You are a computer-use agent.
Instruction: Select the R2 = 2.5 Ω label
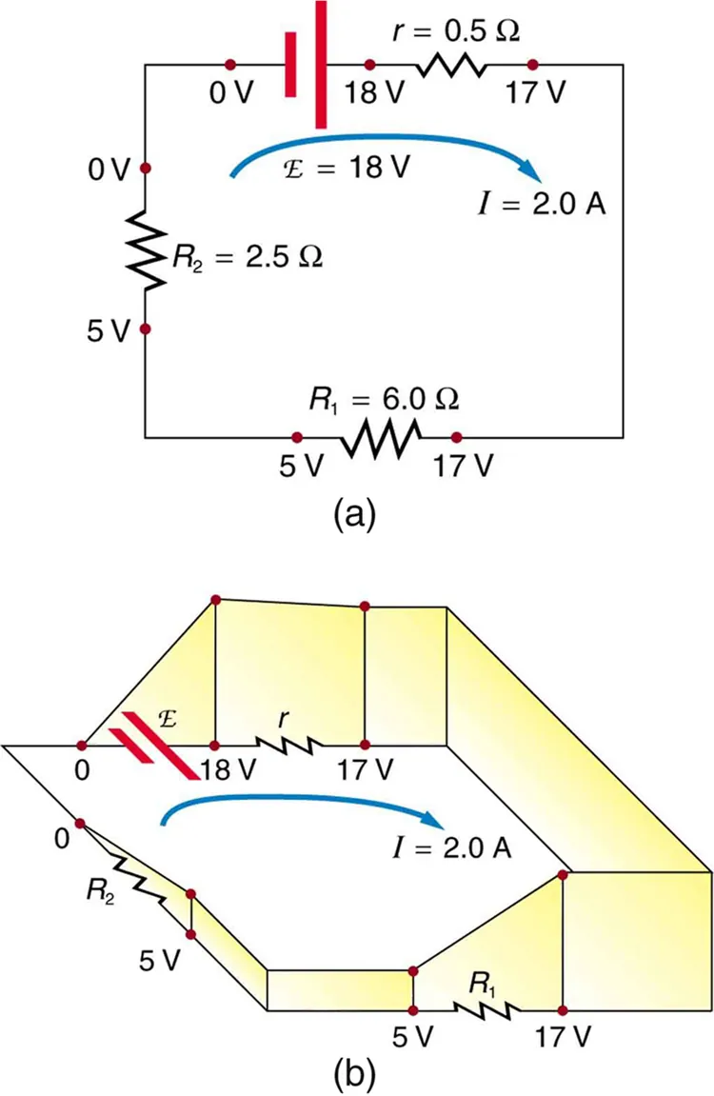pos(246,257)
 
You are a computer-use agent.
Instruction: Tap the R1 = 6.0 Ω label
pos(383,401)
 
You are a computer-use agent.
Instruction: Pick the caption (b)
pos(356,1073)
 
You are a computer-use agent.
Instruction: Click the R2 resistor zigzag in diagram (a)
pos(145,249)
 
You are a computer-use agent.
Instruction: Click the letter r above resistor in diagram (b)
pos(285,721)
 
